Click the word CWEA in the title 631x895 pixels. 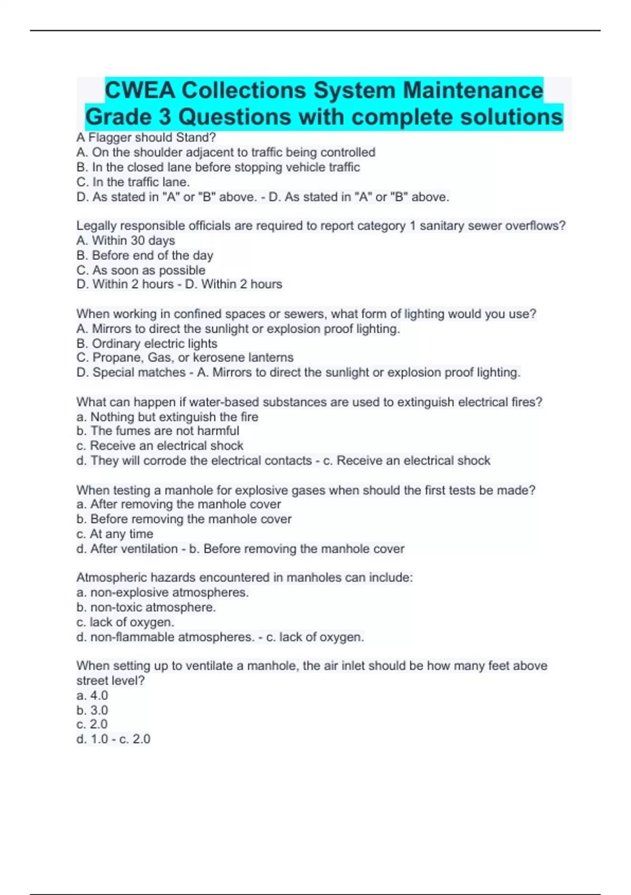140,91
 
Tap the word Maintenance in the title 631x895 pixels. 473,91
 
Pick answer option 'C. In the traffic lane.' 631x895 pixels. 133,182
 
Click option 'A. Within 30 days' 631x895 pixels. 126,241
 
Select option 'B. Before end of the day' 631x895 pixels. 145,255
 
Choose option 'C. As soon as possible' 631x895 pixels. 141,270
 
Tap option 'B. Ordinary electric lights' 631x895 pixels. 147,344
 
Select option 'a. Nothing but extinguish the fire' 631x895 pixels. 167,417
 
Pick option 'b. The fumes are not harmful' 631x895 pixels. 158,431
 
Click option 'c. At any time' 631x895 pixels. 115,534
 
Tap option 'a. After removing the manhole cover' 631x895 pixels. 179,504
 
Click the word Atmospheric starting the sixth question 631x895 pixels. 111,578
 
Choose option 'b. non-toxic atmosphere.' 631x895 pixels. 146,608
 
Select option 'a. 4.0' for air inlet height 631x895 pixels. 92,695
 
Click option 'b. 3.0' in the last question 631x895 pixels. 92,710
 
